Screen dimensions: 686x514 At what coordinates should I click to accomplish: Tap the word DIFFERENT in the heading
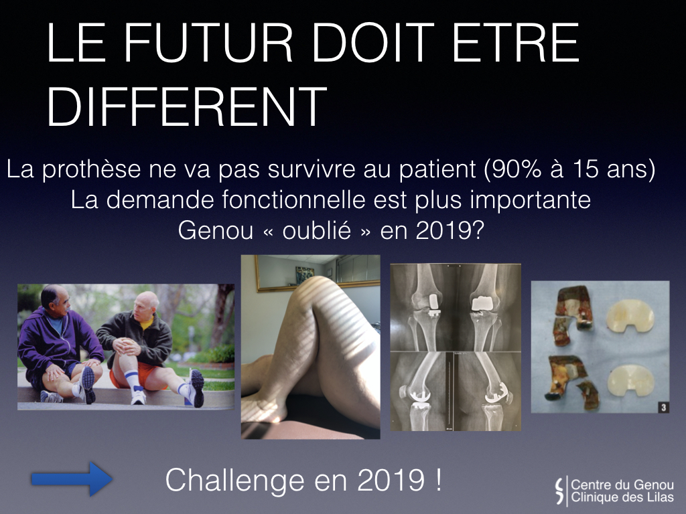coord(187,106)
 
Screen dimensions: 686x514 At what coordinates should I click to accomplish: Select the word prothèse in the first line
coord(91,169)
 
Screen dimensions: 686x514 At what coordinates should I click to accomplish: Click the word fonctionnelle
coord(293,199)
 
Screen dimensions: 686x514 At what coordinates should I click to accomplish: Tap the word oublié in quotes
coord(316,230)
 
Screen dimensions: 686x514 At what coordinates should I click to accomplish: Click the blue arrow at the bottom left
coord(72,479)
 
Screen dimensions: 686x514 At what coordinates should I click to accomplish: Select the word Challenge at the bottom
coord(234,481)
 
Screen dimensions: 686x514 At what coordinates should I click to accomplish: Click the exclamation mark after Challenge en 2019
coord(438,479)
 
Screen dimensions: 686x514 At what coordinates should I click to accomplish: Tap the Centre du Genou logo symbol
coord(559,491)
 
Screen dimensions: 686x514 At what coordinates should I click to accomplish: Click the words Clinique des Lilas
coord(622,497)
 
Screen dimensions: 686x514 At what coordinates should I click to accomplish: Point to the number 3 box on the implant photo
coord(663,408)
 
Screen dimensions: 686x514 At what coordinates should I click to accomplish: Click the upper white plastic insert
coord(630,316)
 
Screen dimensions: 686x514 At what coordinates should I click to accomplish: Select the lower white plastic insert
coord(630,381)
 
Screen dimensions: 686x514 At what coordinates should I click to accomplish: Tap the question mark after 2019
coord(478,230)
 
